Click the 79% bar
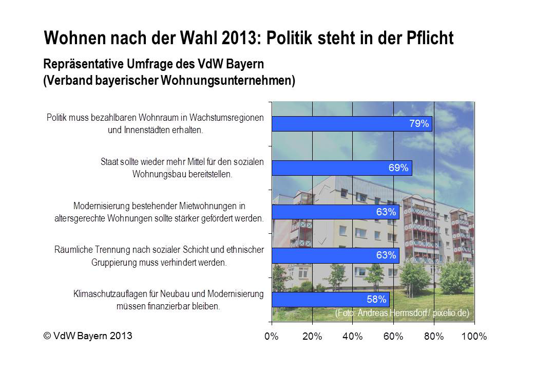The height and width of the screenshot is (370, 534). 352,124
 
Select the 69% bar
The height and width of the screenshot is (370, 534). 341,168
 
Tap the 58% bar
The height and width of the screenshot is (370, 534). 330,300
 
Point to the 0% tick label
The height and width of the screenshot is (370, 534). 271,337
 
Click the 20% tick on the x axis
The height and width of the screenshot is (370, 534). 312,337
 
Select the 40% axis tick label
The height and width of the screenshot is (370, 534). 352,337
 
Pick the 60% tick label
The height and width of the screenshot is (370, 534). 393,337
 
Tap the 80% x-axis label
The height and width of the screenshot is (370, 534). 434,337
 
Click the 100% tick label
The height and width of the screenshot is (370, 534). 474,337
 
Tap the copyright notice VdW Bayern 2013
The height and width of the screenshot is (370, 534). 88,336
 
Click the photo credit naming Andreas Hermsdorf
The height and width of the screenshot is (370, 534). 402,313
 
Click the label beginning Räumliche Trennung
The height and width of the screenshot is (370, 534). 159,256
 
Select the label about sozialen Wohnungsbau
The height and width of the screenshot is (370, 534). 182,168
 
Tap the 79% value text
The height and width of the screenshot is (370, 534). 419,124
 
